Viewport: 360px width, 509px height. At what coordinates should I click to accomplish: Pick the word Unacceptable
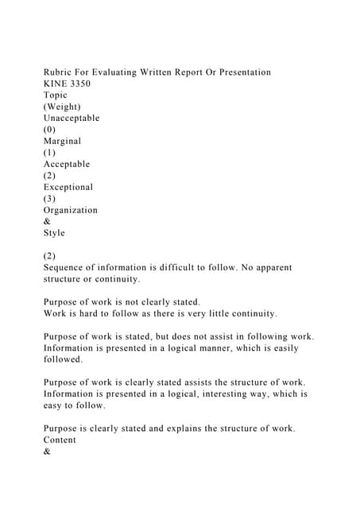pos(72,118)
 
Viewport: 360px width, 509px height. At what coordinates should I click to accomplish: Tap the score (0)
pos(50,130)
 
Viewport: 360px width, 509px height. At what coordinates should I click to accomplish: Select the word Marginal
pos(62,141)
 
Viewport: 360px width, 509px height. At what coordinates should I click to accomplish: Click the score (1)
pos(50,153)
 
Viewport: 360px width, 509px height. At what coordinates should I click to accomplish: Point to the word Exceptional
pos(68,187)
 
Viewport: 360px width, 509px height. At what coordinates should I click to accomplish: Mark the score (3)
pos(50,199)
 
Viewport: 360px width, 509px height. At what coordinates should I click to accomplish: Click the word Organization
pos(71,210)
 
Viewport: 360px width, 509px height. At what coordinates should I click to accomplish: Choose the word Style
pos(54,233)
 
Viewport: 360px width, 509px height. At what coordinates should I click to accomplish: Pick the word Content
pos(61,440)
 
